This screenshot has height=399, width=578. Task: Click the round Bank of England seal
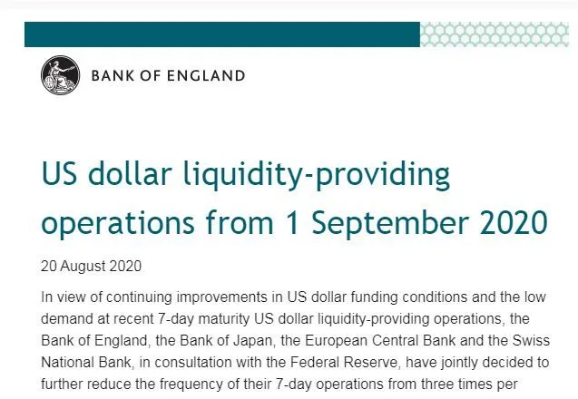click(60, 75)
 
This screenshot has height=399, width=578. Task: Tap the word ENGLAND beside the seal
click(206, 76)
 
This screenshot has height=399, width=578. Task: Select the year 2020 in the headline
click(514, 222)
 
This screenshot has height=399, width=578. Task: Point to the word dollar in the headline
click(130, 173)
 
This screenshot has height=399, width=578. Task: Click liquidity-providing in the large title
click(317, 176)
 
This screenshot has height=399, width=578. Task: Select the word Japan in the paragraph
click(254, 341)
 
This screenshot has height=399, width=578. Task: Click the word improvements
click(222, 297)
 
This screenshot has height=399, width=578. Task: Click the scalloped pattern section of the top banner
click(495, 34)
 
